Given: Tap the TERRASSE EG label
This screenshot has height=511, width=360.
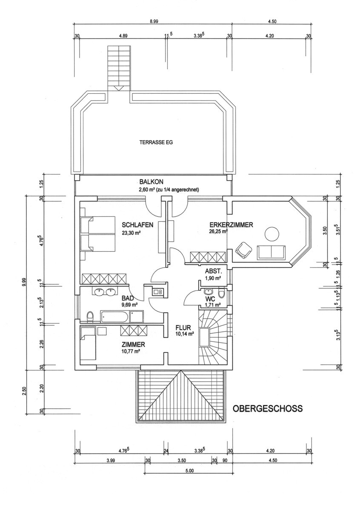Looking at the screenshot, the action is coord(156,143).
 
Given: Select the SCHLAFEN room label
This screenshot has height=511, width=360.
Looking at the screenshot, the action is coord(137,225).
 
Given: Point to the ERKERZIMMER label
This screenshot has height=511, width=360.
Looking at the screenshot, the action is coord(231,225).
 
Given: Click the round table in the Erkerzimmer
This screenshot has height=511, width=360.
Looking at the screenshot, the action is coord(271,234).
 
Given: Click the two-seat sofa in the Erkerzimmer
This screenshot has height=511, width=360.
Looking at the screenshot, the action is coord(271,253).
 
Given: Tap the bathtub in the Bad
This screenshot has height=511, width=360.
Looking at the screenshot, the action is coord(116,316).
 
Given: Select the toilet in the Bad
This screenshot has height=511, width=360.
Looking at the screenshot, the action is coord(90,317).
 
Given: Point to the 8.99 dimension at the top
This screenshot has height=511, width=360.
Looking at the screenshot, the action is coord(154,21).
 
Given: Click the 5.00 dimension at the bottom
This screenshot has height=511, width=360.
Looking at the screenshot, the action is coord(189,471).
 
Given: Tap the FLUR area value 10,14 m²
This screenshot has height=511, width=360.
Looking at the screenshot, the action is coord(184,334).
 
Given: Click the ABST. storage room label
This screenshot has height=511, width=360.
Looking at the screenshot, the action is coord(213,271).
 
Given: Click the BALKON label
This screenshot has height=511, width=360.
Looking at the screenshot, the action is coord(151,182).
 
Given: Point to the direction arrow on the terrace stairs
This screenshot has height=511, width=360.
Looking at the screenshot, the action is coord(119,88).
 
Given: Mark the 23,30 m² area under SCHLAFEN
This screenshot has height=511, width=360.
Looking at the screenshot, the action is coord(131,233).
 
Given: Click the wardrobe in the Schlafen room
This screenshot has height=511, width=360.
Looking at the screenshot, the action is coord(104,279).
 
